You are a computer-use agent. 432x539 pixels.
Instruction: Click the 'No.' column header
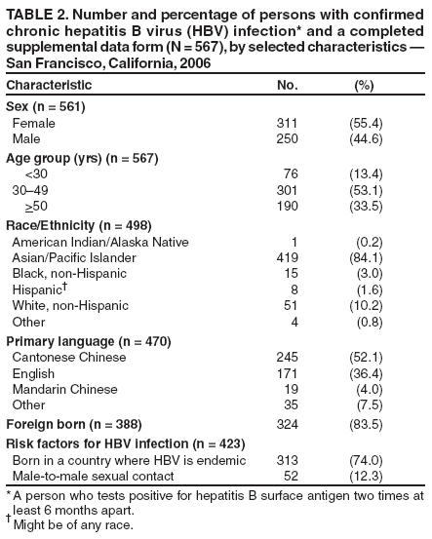tap(288, 86)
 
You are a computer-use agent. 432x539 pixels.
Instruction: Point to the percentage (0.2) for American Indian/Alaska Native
tap(366, 241)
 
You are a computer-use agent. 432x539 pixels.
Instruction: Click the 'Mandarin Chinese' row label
tap(66, 390)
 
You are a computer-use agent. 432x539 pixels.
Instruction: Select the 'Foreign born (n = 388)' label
tap(74, 425)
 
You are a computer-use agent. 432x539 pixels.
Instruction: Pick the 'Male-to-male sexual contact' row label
tap(93, 476)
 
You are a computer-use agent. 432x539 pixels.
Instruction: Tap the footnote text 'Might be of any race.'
tap(74, 525)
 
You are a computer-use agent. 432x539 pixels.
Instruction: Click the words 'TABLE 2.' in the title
tap(36, 12)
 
